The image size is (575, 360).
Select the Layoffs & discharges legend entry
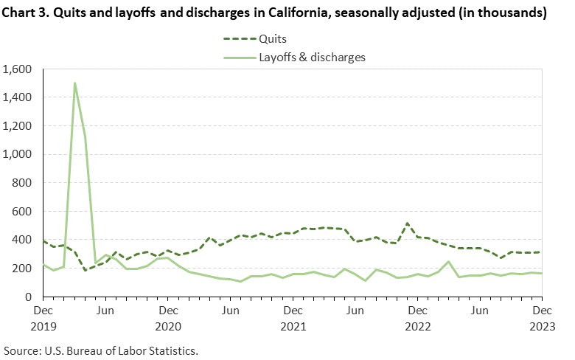(311, 56)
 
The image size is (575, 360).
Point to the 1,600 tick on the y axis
(19, 69)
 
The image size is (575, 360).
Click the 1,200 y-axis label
(19, 126)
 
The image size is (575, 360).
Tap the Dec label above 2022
(417, 311)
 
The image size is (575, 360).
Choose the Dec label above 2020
(168, 311)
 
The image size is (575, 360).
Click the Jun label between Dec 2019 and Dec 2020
(105, 311)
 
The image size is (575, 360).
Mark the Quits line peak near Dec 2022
(407, 223)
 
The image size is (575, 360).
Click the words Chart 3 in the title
(30, 13)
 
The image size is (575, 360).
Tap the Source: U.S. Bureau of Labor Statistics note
(101, 349)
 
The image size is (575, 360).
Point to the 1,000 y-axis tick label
(19, 155)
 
